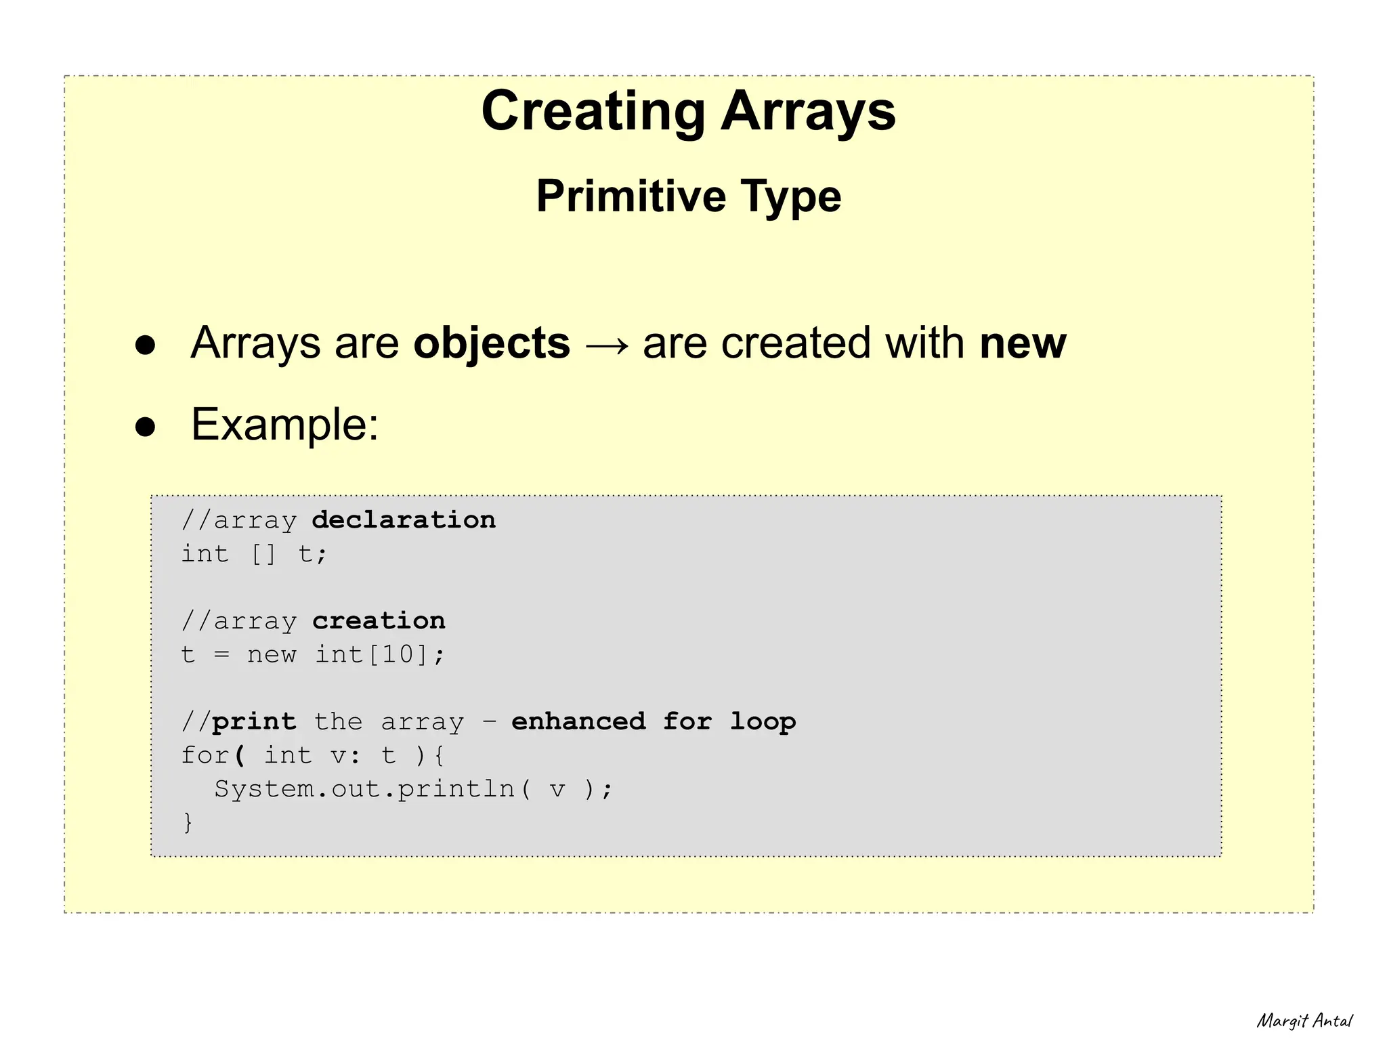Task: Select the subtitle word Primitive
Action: click(x=631, y=196)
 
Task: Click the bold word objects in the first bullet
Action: click(x=492, y=343)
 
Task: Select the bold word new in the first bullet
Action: click(x=1023, y=343)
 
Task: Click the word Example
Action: click(x=284, y=425)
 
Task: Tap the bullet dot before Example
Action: click(x=145, y=427)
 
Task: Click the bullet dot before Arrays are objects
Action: click(x=145, y=345)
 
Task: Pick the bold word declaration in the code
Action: click(x=404, y=520)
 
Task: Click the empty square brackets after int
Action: click(x=263, y=554)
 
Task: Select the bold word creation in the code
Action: click(x=379, y=620)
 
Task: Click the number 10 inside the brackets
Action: click(x=398, y=654)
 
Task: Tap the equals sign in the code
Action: click(x=221, y=655)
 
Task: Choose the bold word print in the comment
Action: click(x=254, y=722)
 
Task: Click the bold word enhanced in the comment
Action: click(x=578, y=721)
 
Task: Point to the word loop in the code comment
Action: click(x=763, y=722)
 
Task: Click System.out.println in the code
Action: click(x=364, y=789)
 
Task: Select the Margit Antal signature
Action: click(x=1304, y=1021)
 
